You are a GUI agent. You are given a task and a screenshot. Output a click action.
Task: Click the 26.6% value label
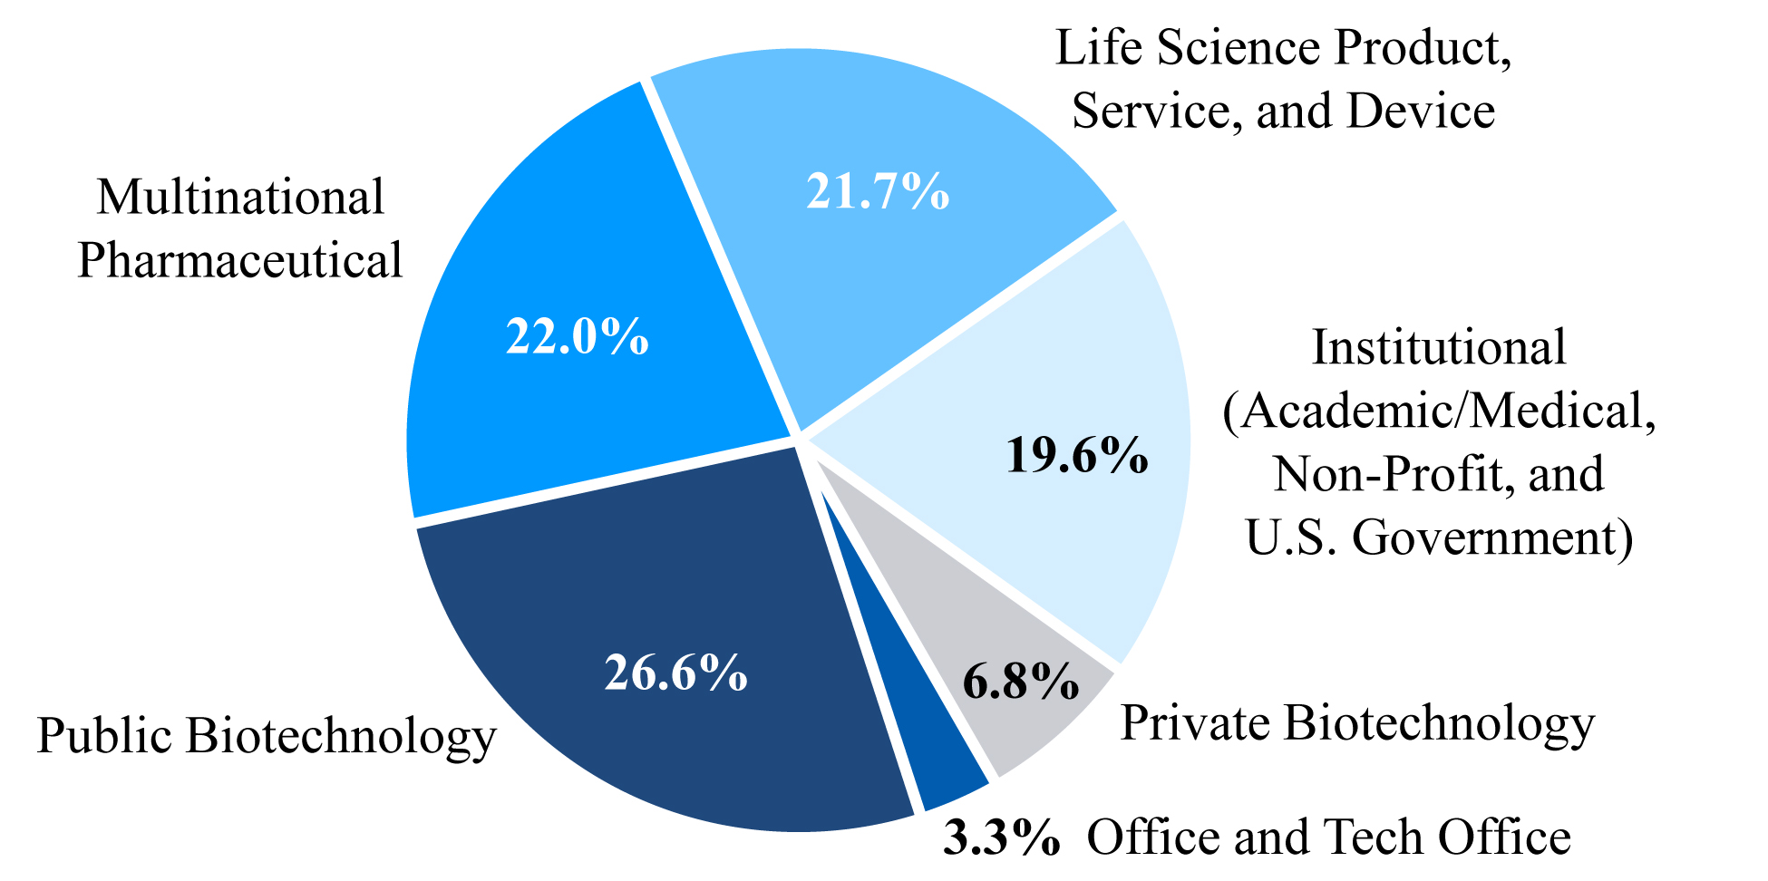pos(676,673)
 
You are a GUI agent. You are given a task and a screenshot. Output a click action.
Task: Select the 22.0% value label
pos(578,337)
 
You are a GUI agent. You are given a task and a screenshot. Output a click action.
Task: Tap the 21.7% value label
pos(878,192)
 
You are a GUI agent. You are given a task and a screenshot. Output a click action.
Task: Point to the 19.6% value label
pos(1077,455)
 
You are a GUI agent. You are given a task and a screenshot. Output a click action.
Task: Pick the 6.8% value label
pos(1021,682)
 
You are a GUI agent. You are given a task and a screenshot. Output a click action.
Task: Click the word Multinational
pos(241,197)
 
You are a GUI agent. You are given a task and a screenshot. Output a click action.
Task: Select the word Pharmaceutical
pos(240,260)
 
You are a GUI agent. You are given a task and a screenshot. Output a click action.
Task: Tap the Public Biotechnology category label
pos(267,735)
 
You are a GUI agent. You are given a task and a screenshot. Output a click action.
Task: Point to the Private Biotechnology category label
pos(1357,723)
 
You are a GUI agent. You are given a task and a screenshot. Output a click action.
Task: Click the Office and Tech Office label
pos(1328,837)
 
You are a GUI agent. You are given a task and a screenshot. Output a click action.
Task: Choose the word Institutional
pos(1439,347)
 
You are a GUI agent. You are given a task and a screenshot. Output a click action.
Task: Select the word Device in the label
pos(1421,111)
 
